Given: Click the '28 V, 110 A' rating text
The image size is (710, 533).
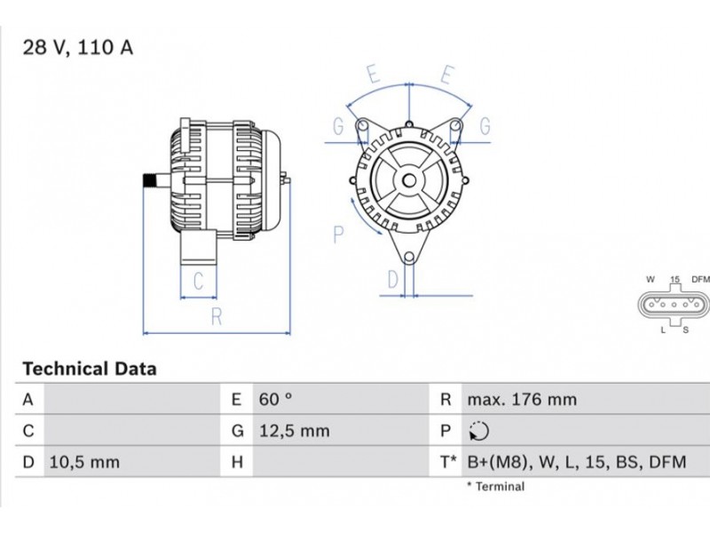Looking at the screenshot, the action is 78,48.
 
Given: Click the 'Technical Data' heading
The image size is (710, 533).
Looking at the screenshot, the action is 90,369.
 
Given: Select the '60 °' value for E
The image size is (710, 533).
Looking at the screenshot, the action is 276,399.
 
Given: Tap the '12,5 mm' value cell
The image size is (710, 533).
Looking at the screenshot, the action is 295,431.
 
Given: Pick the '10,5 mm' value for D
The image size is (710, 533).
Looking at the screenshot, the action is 84,462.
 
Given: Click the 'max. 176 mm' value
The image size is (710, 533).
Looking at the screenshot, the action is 522,399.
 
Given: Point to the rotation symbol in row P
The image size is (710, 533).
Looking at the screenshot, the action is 478,431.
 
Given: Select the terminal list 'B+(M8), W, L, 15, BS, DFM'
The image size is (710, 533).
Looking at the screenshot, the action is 577,462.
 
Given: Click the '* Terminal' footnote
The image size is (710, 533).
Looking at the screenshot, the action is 496,486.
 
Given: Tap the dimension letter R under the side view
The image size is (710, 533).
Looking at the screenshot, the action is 217,317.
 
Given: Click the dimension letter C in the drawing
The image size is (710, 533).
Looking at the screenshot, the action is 198,281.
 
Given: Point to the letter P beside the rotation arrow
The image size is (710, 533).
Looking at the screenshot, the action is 338,235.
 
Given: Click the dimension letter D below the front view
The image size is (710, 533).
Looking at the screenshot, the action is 393,280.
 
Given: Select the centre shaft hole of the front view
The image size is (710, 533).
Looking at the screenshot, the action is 409,181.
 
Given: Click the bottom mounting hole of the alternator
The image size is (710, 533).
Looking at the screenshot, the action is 409,258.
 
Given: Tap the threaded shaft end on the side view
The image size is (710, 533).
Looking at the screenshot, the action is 149,180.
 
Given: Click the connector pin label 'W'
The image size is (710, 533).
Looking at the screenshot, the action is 651,279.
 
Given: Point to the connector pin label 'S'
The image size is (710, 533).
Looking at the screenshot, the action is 685,330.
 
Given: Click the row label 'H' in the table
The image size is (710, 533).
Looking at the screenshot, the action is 237,462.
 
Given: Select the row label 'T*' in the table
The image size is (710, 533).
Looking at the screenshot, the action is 449,462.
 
